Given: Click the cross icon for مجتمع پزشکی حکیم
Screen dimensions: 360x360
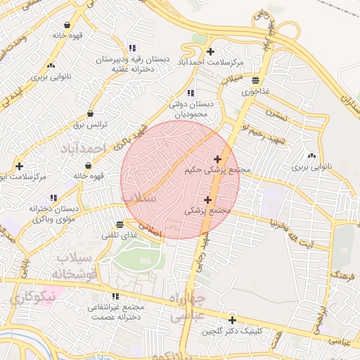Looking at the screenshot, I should point(217,159).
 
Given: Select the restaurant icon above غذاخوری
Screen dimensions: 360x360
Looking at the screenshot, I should point(255,79).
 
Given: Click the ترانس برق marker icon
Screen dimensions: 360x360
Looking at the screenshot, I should point(90,114).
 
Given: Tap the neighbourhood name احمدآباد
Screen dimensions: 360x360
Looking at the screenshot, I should point(82,149).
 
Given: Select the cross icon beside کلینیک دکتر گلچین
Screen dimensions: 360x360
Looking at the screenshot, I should point(231,320).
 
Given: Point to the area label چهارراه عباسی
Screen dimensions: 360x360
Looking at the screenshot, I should point(186,307).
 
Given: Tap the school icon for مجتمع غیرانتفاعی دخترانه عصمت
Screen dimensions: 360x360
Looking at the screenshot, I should point(115,297).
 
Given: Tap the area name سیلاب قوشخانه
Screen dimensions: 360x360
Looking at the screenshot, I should point(70,266).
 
